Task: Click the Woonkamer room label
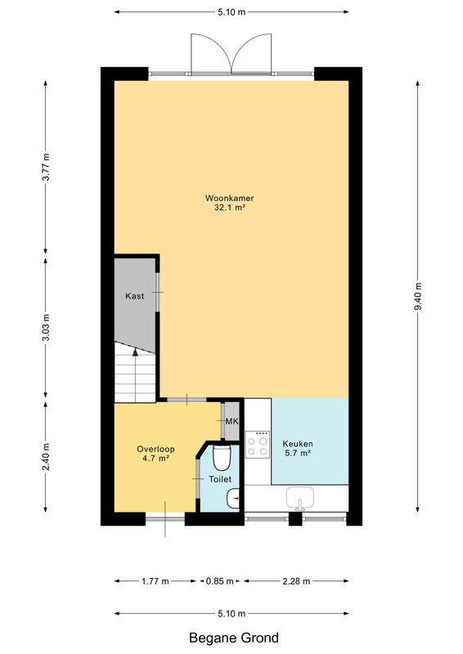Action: tap(229, 198)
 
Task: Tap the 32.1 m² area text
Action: tap(229, 208)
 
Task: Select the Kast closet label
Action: tap(134, 296)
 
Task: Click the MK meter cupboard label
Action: tap(231, 421)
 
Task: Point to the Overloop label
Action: tap(155, 449)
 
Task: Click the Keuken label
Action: tap(298, 444)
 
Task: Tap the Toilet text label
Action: tap(220, 479)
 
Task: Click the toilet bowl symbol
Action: tap(221, 457)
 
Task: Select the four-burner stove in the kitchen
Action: tap(258, 445)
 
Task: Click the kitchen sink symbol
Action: tap(299, 499)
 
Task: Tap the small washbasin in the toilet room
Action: tap(233, 498)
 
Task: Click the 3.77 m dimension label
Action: tap(47, 167)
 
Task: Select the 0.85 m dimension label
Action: tap(220, 581)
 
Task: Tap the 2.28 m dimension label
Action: tap(296, 581)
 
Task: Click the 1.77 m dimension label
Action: tap(155, 581)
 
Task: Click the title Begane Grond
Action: tap(234, 638)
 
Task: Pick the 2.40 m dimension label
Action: tap(47, 457)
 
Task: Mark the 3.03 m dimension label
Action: tap(47, 328)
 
